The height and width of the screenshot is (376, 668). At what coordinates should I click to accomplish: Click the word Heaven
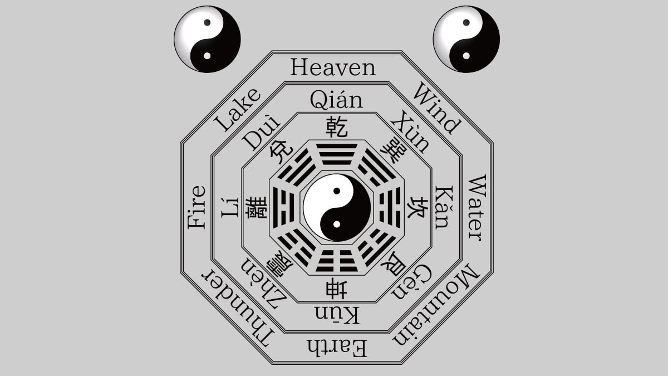click(333, 68)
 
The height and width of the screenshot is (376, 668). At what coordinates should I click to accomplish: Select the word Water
click(477, 207)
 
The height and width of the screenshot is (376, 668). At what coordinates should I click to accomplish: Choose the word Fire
click(197, 207)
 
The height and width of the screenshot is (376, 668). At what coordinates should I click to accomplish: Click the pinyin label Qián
click(336, 100)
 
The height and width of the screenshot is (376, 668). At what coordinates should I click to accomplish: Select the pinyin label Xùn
click(411, 132)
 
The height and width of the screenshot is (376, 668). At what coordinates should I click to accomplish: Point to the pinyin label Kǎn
click(441, 207)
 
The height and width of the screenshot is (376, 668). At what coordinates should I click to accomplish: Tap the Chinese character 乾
click(337, 127)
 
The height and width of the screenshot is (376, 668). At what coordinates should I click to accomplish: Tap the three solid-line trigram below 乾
click(337, 154)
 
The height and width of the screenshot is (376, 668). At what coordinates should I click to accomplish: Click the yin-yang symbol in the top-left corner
click(207, 39)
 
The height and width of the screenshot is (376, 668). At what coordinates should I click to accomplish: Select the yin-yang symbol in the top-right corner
click(466, 39)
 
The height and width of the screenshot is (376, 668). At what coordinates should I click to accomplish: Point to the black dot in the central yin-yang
click(337, 191)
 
